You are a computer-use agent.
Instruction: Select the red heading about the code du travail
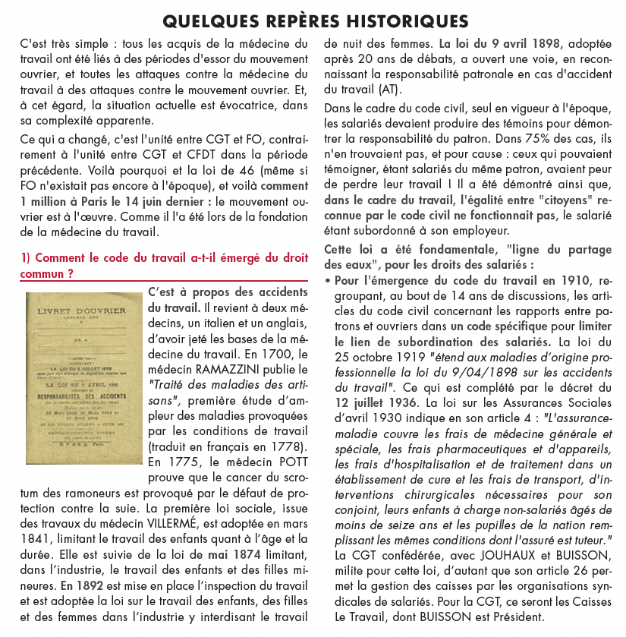point(164,266)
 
